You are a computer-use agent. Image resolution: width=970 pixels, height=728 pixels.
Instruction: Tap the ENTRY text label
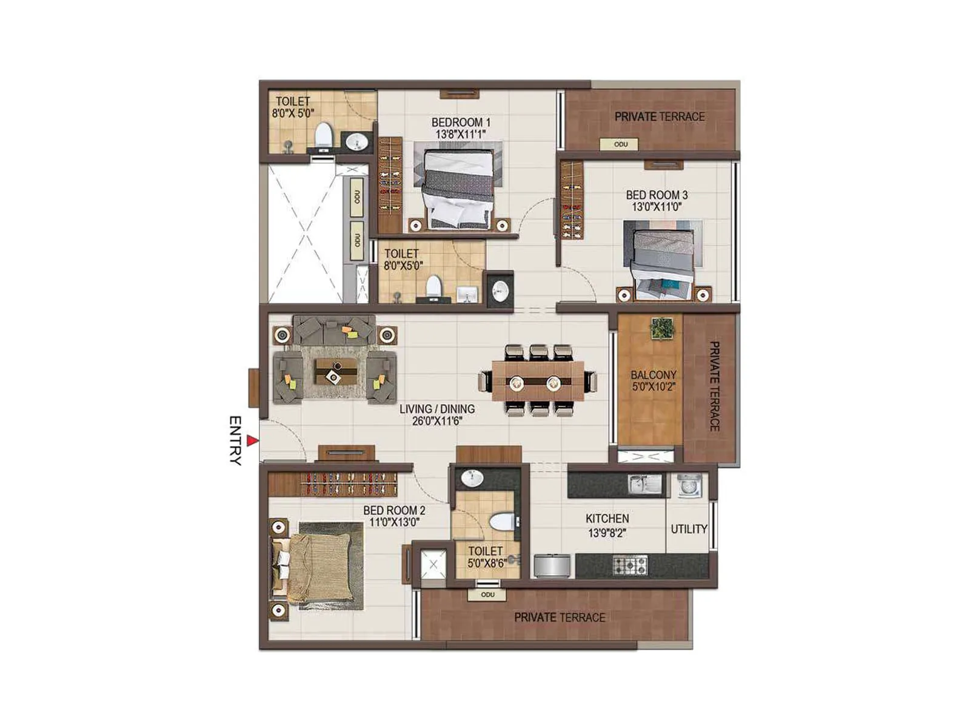(236, 440)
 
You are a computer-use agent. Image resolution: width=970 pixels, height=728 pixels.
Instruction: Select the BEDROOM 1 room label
(461, 122)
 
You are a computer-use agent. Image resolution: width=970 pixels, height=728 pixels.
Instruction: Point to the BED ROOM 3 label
(657, 195)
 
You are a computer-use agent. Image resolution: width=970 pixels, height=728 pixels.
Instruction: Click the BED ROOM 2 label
(394, 511)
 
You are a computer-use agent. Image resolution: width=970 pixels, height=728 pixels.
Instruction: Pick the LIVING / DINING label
(437, 409)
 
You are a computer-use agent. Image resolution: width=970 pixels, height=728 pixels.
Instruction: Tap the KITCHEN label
(607, 519)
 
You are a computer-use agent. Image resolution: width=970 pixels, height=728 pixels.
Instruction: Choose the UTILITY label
(689, 529)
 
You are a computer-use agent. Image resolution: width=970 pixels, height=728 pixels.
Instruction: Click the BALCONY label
(653, 376)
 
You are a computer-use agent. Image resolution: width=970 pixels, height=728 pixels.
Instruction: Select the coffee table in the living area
(335, 371)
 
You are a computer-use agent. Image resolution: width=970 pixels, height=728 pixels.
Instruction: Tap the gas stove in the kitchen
(630, 565)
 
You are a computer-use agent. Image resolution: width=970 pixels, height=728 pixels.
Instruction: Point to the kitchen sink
(645, 484)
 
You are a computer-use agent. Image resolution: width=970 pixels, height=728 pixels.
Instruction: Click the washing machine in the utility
(689, 485)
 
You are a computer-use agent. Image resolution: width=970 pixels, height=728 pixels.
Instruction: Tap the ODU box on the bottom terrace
(487, 595)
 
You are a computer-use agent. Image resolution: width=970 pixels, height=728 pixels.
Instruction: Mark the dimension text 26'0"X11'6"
(437, 421)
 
